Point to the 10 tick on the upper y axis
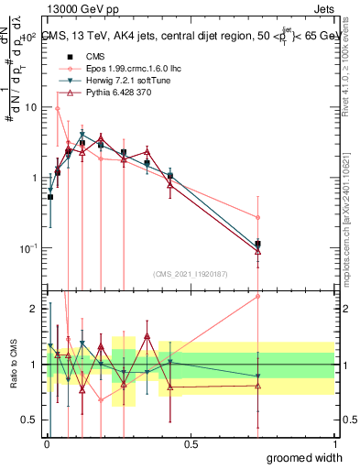31,107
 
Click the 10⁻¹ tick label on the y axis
28,248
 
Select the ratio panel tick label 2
34,309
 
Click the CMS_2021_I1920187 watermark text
191,273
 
